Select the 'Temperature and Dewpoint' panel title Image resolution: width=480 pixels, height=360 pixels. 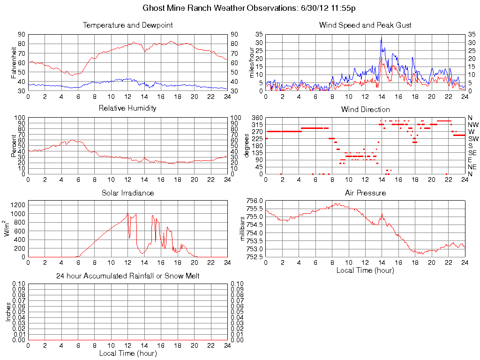tap(127, 25)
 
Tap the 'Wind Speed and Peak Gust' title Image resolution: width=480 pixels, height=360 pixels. tap(365, 25)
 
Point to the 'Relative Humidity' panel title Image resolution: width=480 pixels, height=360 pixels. tap(127, 108)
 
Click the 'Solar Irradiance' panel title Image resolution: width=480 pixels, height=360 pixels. tap(127, 193)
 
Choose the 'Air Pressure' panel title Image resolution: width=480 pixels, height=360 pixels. tap(365, 193)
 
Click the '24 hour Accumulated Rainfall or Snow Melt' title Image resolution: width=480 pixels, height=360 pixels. tap(127, 276)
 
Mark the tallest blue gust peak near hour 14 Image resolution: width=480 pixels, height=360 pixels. tap(382, 38)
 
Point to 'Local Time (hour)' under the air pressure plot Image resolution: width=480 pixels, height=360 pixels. tap(365, 270)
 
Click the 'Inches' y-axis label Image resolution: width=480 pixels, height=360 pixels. tap(8, 311)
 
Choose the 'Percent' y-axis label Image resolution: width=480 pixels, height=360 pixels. tap(14, 145)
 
